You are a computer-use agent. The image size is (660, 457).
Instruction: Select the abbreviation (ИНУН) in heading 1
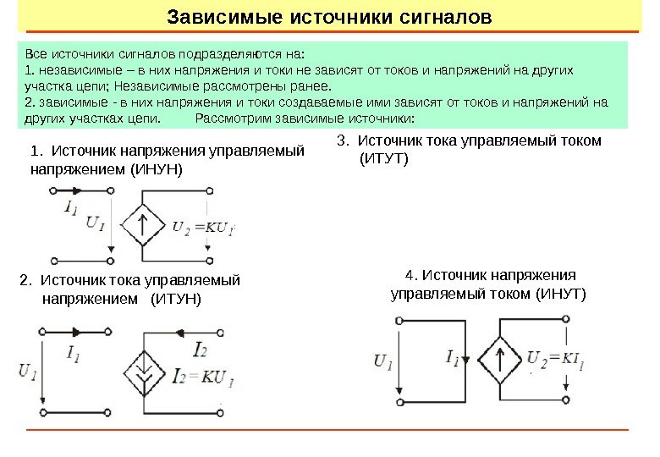point(155,169)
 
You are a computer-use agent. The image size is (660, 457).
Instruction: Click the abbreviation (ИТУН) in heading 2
point(176,299)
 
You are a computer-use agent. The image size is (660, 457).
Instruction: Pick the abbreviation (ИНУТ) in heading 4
point(559,294)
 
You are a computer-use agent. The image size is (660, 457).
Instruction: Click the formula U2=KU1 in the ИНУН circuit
point(203,227)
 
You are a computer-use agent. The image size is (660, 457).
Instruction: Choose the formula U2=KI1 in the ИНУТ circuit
point(557,357)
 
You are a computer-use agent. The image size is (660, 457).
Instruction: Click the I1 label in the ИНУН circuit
point(72,206)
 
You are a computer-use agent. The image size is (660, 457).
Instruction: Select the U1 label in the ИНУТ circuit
point(382,361)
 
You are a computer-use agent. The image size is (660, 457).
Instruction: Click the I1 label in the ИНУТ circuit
point(452,357)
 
